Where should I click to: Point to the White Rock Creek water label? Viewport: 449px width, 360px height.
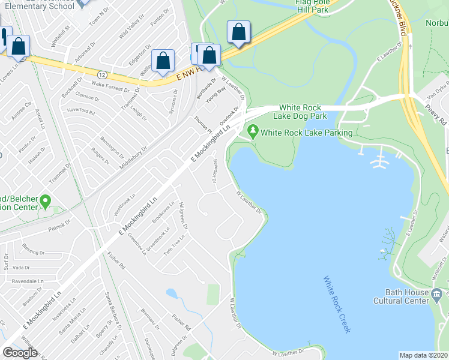click(x=336, y=304)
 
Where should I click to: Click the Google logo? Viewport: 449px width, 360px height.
click(x=20, y=353)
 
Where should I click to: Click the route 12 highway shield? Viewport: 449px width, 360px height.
click(x=103, y=74)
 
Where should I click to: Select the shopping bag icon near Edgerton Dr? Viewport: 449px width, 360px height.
click(x=163, y=61)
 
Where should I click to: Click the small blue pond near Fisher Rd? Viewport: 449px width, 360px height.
click(x=172, y=294)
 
